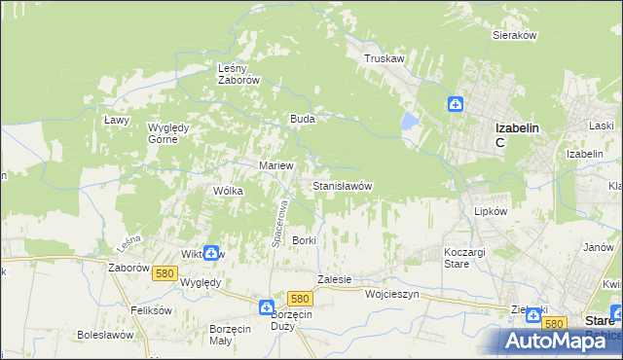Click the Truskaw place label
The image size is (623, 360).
tap(384, 58)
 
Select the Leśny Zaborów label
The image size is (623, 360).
tap(238, 74)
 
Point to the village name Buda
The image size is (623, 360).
tap(301, 119)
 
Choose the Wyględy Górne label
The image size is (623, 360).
tap(173, 133)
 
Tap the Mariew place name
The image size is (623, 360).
tap(275, 165)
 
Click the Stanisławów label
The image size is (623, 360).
tap(341, 185)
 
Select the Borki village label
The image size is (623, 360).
tap(305, 239)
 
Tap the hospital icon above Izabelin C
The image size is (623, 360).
tap(456, 105)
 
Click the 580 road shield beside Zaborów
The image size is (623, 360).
tap(164, 274)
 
